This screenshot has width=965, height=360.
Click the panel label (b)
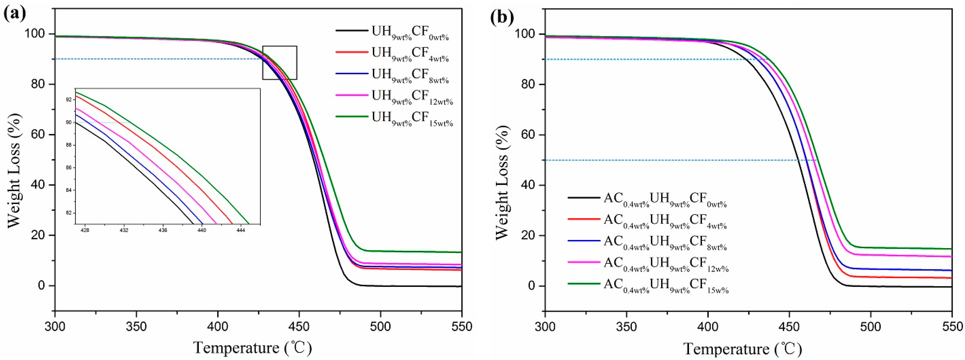[x=502, y=17]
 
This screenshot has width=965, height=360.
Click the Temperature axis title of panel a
[x=252, y=348]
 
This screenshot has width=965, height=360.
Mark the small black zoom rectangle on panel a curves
[x=279, y=63]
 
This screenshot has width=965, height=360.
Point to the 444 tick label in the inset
[x=241, y=230]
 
